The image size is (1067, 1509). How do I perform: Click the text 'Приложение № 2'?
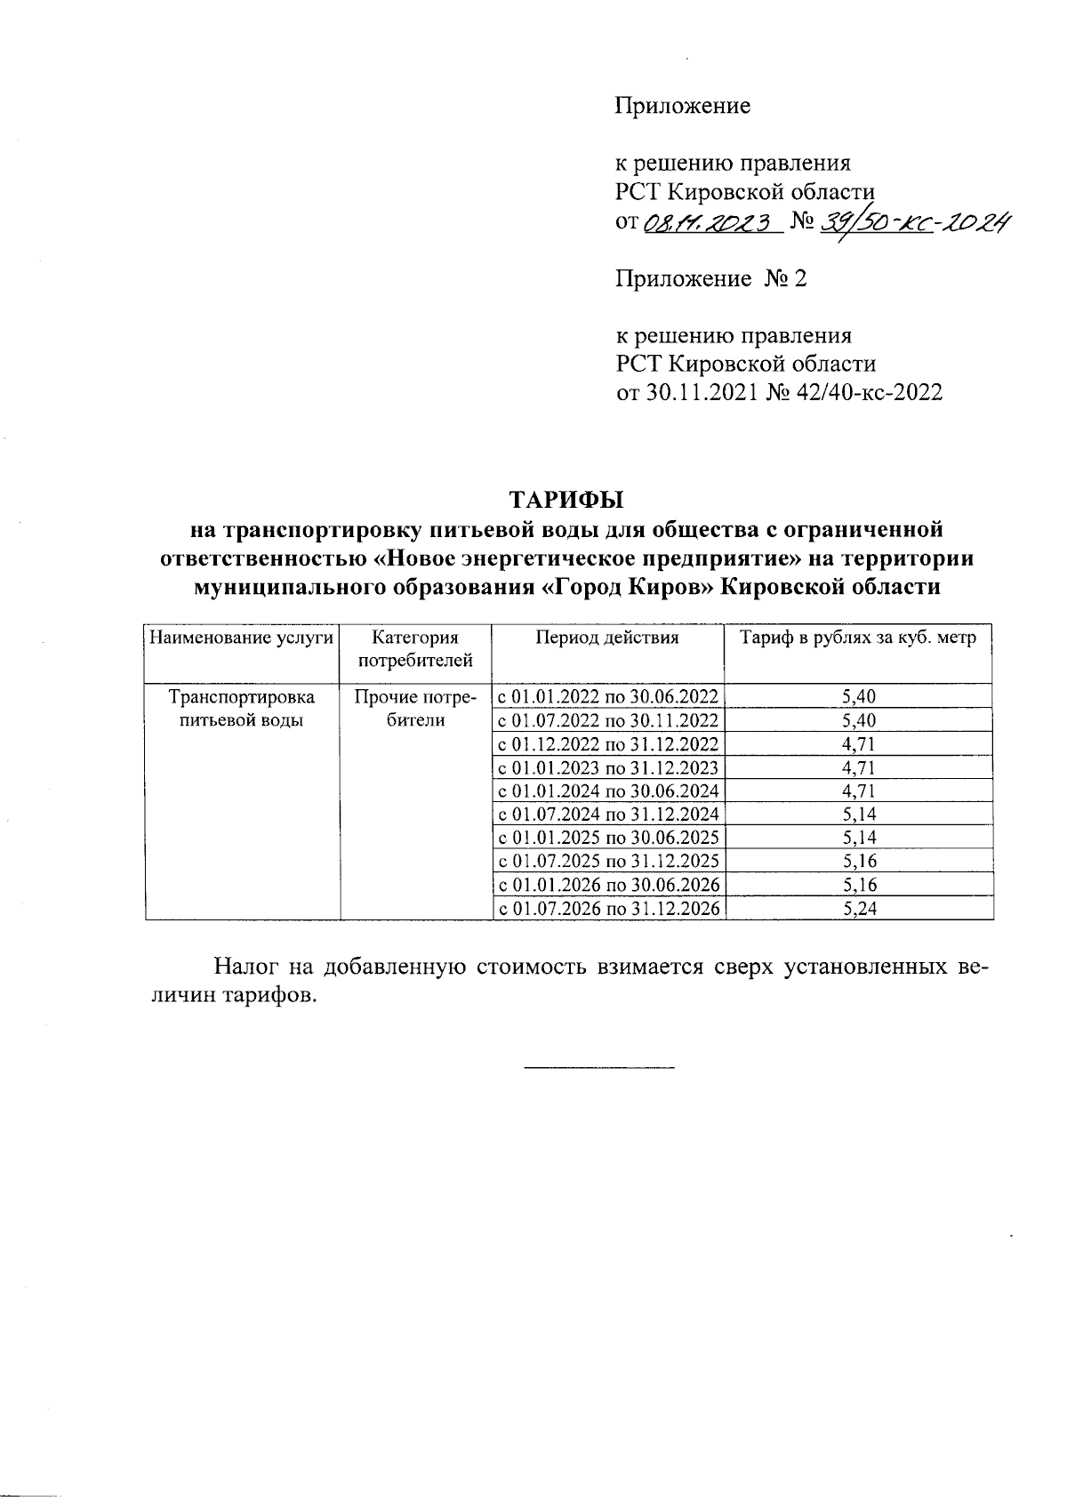tap(711, 279)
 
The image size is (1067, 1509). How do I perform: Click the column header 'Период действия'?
tap(607, 638)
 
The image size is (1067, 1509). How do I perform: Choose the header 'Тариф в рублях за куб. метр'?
tap(858, 638)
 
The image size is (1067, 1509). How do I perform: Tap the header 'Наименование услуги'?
tap(242, 638)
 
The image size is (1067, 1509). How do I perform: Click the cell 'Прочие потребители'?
tap(416, 709)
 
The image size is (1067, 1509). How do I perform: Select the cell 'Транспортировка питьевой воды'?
tap(242, 709)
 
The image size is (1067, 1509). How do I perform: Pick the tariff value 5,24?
tap(858, 909)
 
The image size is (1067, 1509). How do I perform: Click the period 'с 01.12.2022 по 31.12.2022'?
tap(608, 744)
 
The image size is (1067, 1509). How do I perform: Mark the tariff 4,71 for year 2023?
tap(858, 767)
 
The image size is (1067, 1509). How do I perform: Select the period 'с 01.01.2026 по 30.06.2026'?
tap(608, 885)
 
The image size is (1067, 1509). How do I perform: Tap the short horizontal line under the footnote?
tap(598, 1065)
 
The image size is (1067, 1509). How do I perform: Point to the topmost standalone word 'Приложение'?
tap(683, 107)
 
